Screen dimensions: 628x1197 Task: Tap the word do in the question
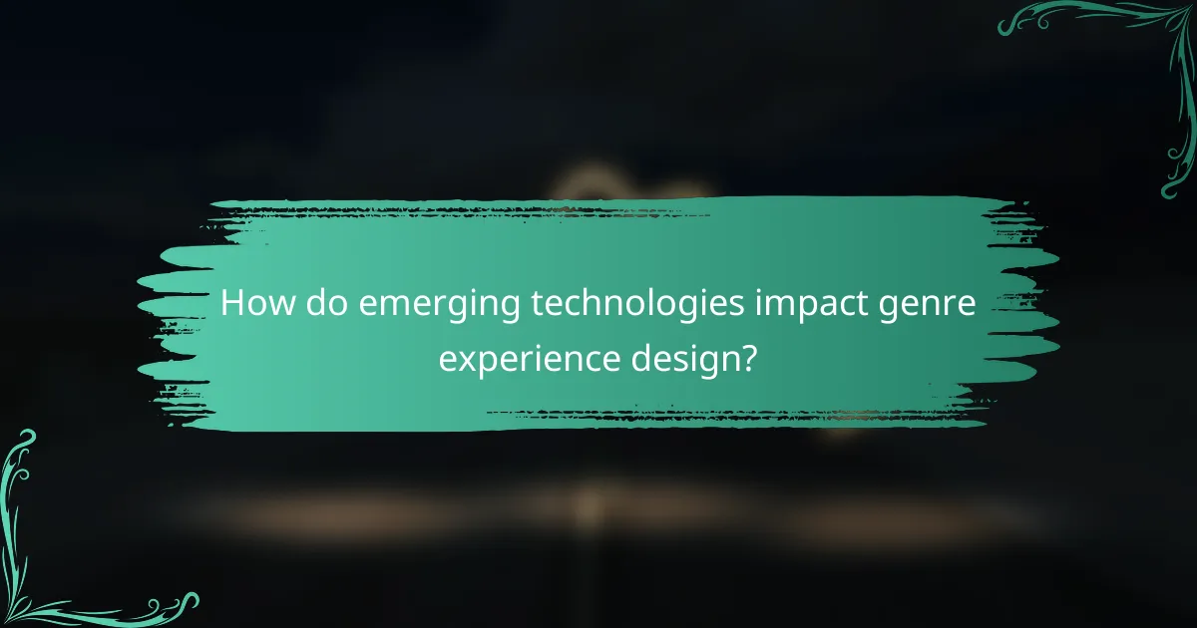[x=327, y=303]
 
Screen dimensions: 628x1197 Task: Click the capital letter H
[x=231, y=303]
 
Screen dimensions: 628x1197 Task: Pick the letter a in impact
[x=806, y=305]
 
